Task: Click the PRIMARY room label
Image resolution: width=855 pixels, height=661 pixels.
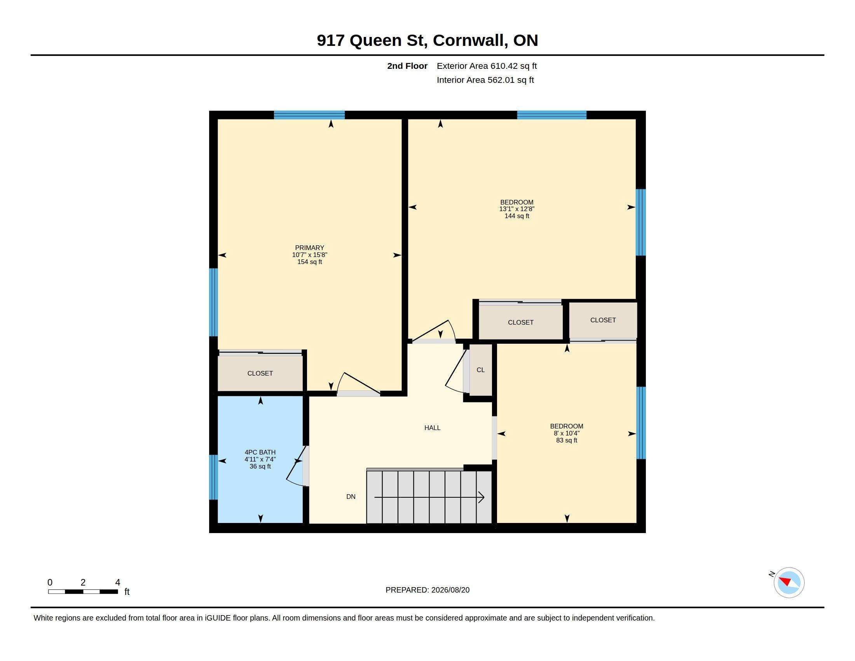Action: coord(309,247)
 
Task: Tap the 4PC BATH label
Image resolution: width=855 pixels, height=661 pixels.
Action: coord(260,452)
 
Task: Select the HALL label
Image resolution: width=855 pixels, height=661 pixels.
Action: coord(432,428)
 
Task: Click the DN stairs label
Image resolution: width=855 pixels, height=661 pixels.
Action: coord(351,497)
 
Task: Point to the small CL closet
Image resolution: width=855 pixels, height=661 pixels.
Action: coord(481,370)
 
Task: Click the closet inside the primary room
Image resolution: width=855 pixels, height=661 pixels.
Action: coord(260,373)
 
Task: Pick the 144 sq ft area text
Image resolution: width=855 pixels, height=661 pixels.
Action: coord(517,216)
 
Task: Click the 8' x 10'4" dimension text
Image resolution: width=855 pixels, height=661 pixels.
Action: coord(567,433)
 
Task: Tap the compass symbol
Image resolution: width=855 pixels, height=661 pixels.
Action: coord(789,582)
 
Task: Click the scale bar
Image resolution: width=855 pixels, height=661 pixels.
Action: coord(83,591)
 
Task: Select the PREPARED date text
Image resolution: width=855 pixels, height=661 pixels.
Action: coord(427,590)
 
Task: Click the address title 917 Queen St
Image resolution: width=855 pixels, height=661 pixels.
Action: coord(427,40)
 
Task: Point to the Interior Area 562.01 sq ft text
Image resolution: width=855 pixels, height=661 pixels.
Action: coord(485,80)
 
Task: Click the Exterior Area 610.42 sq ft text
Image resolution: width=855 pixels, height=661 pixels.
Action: coord(487,66)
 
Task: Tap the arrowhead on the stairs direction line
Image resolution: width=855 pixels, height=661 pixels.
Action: coord(482,497)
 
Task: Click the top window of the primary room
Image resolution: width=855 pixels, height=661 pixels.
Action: coord(309,115)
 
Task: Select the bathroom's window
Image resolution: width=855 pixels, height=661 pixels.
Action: coord(213,477)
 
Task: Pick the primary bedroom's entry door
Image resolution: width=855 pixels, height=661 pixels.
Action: coord(359,384)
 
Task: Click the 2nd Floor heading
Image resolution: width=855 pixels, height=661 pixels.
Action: coord(407,66)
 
